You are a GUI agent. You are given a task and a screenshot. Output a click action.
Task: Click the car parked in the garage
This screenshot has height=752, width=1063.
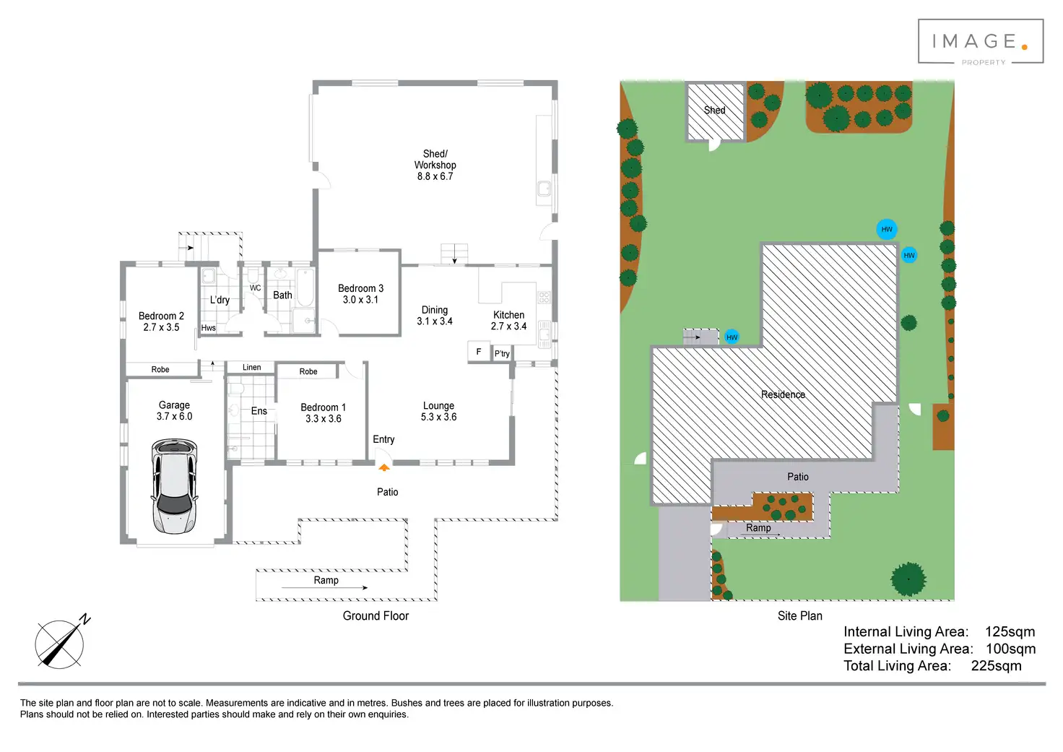pyautogui.click(x=174, y=486)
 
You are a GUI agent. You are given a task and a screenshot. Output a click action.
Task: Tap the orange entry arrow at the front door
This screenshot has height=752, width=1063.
pyautogui.click(x=384, y=467)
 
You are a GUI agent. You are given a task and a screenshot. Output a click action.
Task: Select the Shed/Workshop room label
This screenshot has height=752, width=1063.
pyautogui.click(x=435, y=165)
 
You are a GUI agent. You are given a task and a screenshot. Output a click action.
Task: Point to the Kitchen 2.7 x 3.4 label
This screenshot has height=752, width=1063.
pyautogui.click(x=508, y=321)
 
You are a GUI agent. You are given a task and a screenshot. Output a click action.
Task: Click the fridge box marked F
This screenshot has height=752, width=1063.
pyautogui.click(x=478, y=352)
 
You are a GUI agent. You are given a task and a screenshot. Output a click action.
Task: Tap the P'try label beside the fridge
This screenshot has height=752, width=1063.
pyautogui.click(x=502, y=353)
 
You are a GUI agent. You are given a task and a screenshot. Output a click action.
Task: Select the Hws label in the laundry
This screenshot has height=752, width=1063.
pyautogui.click(x=208, y=328)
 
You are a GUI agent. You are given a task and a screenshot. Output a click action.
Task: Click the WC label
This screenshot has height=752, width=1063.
pyautogui.click(x=255, y=288)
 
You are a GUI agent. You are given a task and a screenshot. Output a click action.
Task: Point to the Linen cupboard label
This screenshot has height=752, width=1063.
pyautogui.click(x=251, y=368)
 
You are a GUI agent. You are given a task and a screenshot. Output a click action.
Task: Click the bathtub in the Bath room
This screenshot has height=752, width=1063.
pyautogui.click(x=305, y=288)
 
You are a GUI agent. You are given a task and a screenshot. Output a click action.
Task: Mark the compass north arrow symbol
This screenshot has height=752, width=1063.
pyautogui.click(x=61, y=642)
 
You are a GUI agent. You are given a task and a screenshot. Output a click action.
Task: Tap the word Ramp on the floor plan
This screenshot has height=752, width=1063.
pyautogui.click(x=326, y=580)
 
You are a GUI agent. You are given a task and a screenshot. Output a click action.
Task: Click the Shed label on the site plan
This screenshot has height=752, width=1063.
pyautogui.click(x=714, y=111)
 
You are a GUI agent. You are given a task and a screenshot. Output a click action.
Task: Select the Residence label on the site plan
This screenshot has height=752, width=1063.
pyautogui.click(x=783, y=394)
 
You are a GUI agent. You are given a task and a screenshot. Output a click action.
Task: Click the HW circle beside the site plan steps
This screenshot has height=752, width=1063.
pyautogui.click(x=732, y=337)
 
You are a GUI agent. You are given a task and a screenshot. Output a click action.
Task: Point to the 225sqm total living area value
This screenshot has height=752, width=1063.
pyautogui.click(x=996, y=666)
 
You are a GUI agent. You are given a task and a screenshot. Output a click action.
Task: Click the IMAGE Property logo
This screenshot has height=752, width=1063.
pyautogui.click(x=981, y=43)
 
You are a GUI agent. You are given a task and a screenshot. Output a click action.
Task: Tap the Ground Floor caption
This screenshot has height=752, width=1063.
pyautogui.click(x=376, y=615)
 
